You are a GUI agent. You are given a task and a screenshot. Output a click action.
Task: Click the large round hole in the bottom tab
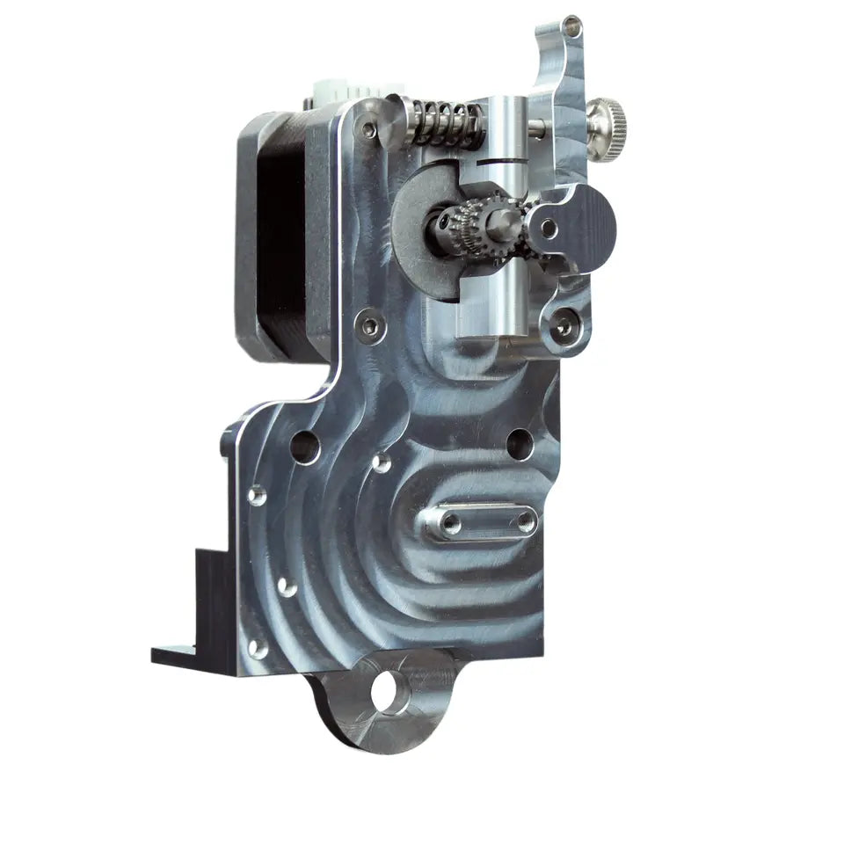390,691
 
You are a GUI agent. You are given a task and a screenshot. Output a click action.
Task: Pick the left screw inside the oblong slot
450,524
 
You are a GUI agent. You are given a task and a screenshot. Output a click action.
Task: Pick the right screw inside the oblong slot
526,522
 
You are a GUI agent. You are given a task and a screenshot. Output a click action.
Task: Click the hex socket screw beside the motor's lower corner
370,327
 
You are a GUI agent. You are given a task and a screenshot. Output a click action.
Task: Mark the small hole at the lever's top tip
572,28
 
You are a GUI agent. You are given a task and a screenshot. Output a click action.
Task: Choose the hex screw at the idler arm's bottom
563,326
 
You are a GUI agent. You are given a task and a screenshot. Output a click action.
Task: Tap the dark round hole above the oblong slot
520,444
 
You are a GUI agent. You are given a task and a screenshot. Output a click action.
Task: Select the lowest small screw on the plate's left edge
258,648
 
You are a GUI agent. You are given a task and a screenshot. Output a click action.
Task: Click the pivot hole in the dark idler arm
549,229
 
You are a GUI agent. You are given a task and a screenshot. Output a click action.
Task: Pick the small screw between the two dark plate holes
382,461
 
